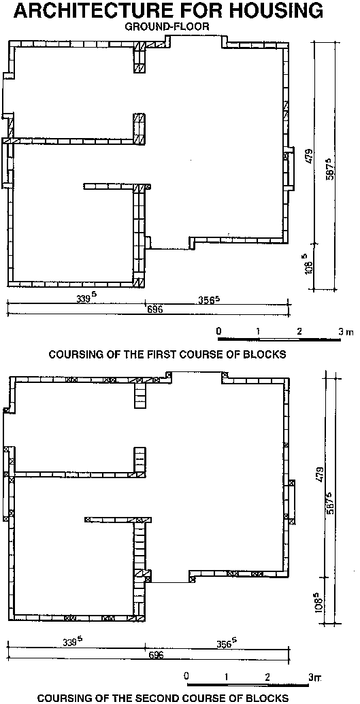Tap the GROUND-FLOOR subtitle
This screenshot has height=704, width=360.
tap(167, 27)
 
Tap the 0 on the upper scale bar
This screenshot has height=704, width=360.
tap(218, 331)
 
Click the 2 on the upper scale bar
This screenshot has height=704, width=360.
tap(299, 332)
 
